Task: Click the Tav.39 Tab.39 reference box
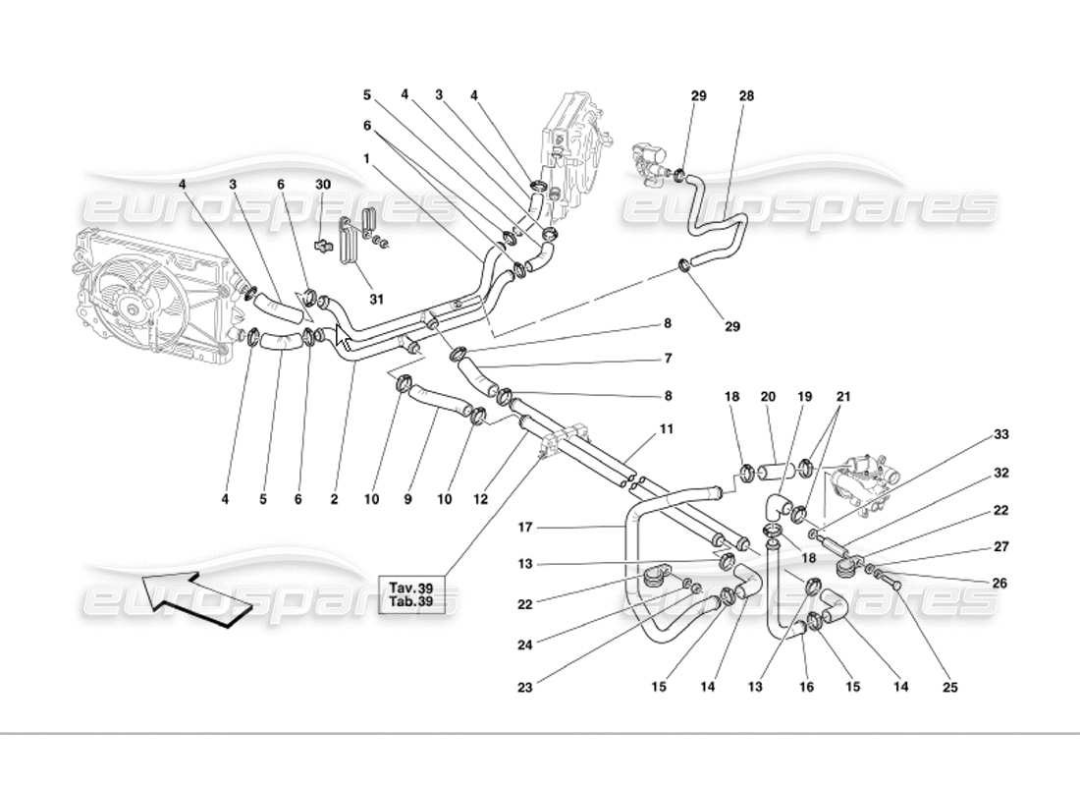pyautogui.click(x=418, y=596)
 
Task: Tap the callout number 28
pyautogui.click(x=747, y=96)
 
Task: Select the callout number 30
pyautogui.click(x=323, y=184)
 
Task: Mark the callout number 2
pyautogui.click(x=334, y=499)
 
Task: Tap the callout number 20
pyautogui.click(x=768, y=397)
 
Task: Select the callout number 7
pyautogui.click(x=667, y=358)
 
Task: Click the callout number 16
pyautogui.click(x=807, y=688)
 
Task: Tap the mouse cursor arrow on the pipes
pyautogui.click(x=343, y=337)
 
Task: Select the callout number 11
pyautogui.click(x=667, y=429)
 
